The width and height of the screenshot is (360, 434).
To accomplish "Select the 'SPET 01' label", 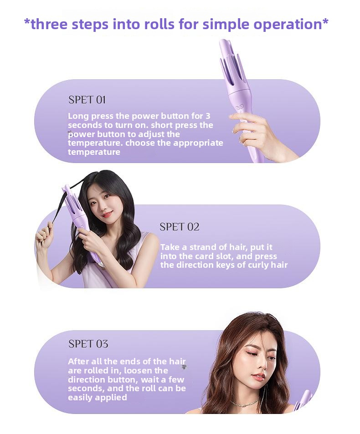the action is (x=87, y=100).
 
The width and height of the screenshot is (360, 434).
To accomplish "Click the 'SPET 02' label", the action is (x=180, y=227).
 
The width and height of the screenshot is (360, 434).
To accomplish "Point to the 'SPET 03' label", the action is (x=88, y=344).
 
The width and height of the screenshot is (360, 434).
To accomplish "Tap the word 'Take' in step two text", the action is (x=170, y=247).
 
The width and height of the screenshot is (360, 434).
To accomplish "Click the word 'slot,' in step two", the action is (x=223, y=256).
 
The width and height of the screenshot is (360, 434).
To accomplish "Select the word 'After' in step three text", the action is (x=78, y=362).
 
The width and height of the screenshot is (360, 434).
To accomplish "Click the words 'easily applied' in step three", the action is (x=98, y=398).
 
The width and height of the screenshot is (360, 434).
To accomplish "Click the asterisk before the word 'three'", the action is (x=27, y=21).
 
